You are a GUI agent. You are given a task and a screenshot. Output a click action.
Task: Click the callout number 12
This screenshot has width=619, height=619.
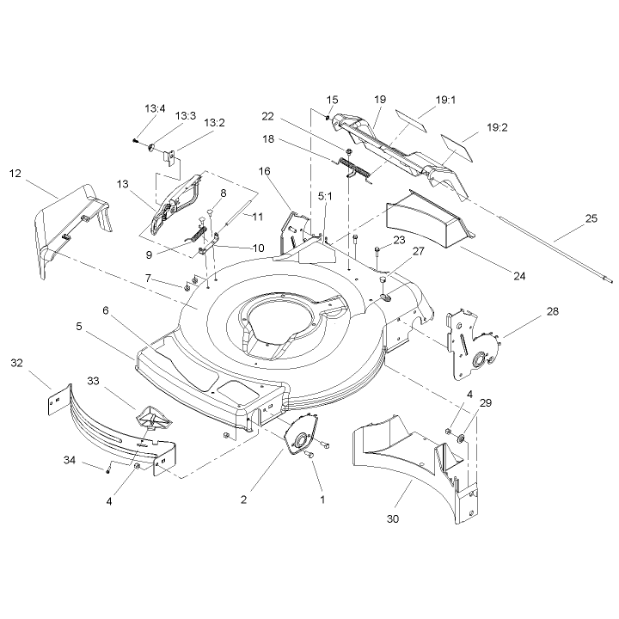pos(15,174)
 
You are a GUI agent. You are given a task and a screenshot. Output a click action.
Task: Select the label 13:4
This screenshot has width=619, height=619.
pos(155,108)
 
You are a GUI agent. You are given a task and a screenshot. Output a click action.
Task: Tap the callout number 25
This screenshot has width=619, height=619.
pos(591,218)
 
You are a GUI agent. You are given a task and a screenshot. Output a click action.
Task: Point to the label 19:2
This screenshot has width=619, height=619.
pos(497,127)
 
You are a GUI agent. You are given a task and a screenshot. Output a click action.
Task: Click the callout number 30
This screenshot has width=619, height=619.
pos(393,518)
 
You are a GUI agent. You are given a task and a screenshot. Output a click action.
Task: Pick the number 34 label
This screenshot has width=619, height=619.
pos(70,460)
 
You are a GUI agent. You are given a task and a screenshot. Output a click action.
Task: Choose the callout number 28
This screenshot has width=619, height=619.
pos(553,311)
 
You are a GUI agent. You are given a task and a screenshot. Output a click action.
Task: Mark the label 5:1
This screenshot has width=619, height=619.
pos(325,196)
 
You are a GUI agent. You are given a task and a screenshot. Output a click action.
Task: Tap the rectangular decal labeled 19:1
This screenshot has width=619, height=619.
pos(411,120)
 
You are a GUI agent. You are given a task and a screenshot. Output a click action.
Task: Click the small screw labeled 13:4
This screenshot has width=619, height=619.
pos(136,140)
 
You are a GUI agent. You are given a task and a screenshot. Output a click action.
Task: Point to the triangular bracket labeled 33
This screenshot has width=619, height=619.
pos(154,418)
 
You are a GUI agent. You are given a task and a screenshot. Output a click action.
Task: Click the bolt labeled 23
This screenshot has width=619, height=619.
pos(377,254)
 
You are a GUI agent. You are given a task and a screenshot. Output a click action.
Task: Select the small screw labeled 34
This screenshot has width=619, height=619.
pos(107,471)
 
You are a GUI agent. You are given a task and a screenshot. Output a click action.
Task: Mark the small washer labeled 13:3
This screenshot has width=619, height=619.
pos(150,148)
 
